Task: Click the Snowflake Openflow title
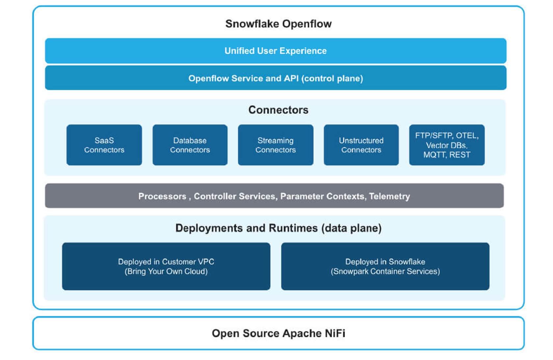(x=278, y=24)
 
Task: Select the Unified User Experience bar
(x=276, y=51)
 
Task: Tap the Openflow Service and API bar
(x=276, y=78)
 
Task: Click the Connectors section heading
(x=278, y=110)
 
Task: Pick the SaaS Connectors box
(x=104, y=145)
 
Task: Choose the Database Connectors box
(x=190, y=145)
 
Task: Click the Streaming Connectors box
(x=276, y=145)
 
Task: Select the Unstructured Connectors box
(x=361, y=145)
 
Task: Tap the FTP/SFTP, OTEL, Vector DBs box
(x=447, y=145)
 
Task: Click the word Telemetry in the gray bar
(x=389, y=196)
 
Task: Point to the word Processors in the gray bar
(x=162, y=196)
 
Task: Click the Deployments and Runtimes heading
(x=278, y=228)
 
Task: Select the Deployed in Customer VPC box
(x=166, y=266)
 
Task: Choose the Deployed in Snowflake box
(x=385, y=266)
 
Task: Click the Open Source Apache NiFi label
(x=278, y=333)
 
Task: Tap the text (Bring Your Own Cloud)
(x=166, y=271)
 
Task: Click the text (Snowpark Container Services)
(x=385, y=271)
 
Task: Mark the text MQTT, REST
(x=447, y=155)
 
